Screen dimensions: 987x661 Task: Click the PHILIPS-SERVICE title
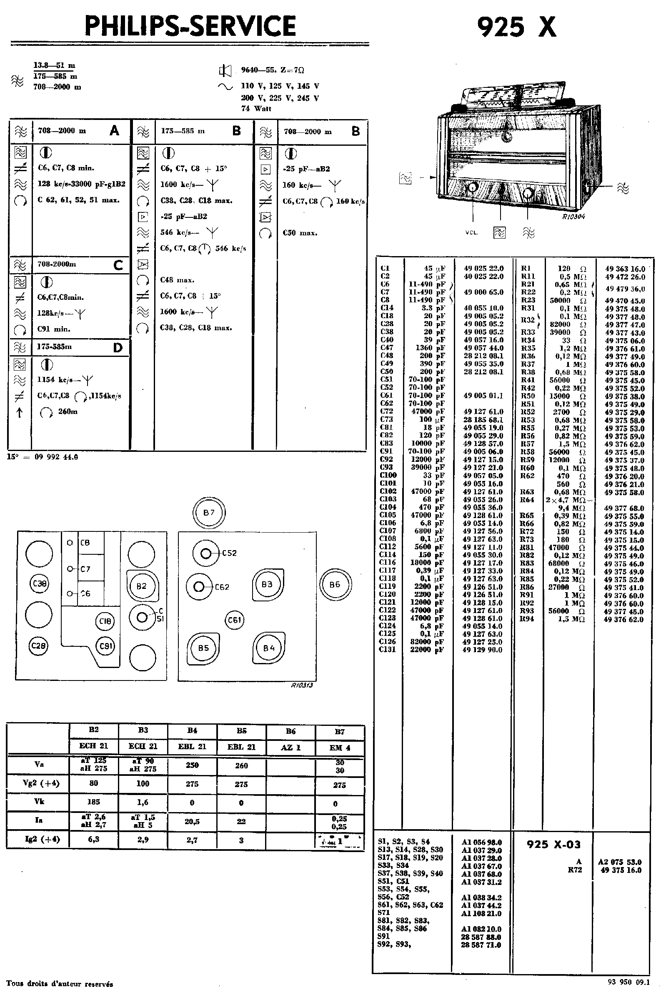tap(190, 26)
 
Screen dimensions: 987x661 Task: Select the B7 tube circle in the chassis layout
tap(209, 513)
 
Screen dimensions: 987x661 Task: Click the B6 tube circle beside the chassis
tap(335, 584)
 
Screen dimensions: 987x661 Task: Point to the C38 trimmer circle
tap(39, 583)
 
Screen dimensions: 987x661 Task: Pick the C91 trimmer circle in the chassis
tap(105, 646)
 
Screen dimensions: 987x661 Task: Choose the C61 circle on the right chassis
tap(234, 620)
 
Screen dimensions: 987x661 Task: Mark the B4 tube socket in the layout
tap(268, 648)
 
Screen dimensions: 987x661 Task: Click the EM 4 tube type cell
tap(340, 747)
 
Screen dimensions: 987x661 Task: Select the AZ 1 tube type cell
tap(290, 747)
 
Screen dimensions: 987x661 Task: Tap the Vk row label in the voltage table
tap(39, 802)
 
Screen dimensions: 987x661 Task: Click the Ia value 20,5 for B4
tap(192, 821)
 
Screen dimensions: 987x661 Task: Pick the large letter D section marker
tap(118, 348)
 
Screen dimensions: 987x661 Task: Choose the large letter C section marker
tap(118, 265)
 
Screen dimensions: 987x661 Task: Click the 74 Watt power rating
tap(256, 108)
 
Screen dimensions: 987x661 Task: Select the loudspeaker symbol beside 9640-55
tap(225, 71)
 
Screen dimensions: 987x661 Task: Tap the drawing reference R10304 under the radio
tap(573, 217)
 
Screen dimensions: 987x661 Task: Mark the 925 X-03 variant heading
tap(553, 844)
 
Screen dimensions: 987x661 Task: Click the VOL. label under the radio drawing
tap(471, 232)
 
